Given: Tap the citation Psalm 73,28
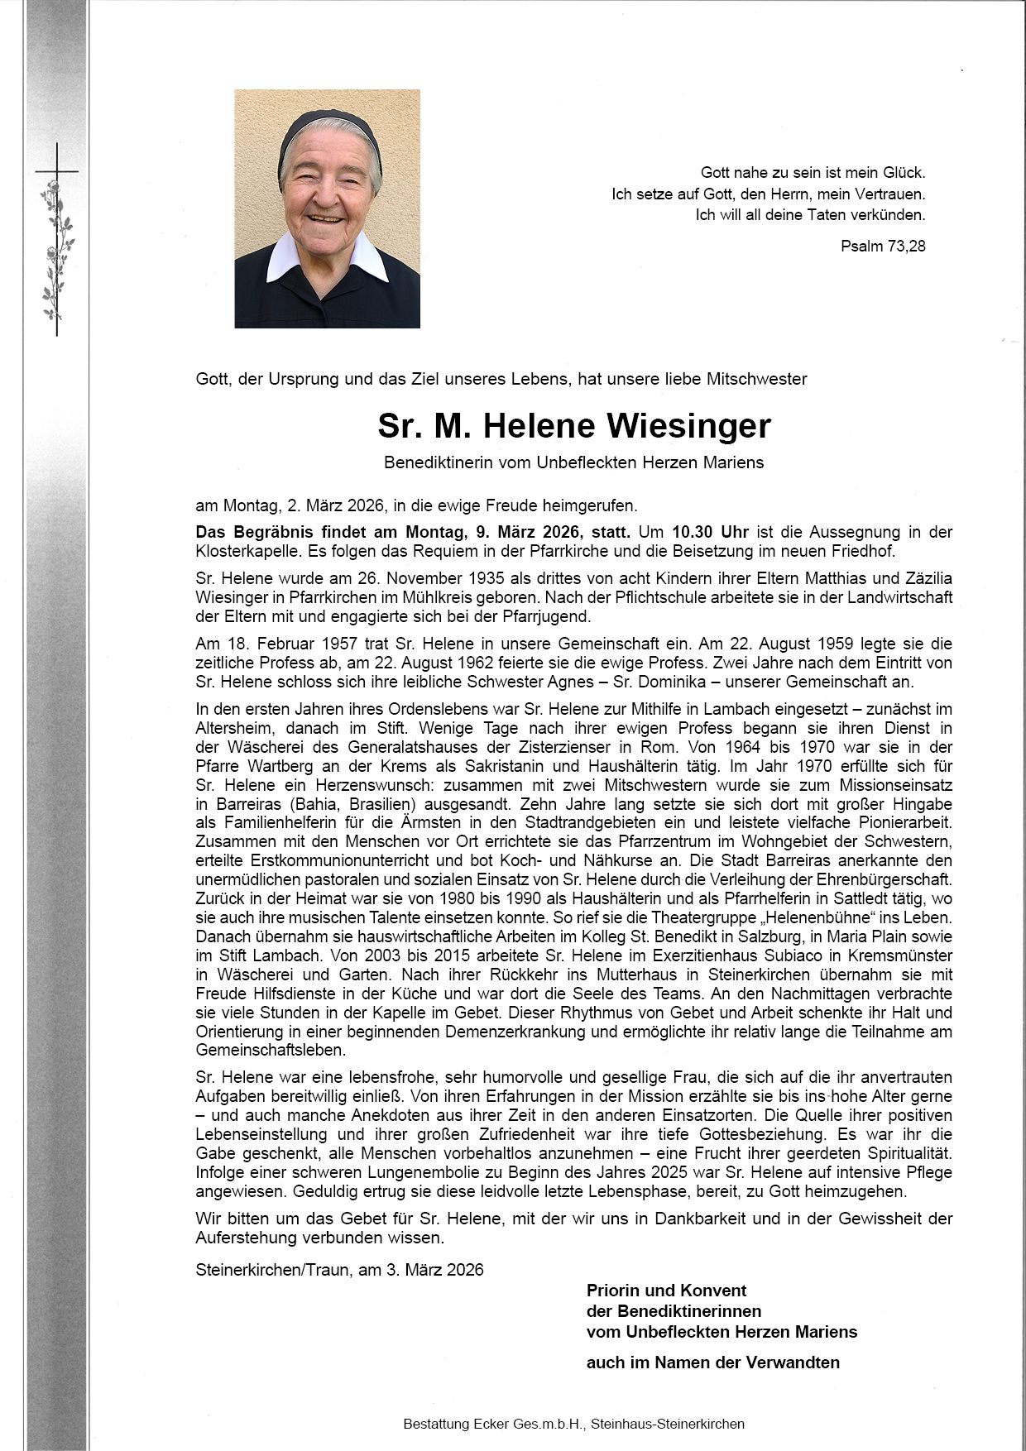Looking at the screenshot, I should coord(883,246).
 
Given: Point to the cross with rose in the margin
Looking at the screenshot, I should coord(57,240).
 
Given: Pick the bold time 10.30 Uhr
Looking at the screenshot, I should coord(710,532).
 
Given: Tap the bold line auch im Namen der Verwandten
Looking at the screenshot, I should coord(712,1362).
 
